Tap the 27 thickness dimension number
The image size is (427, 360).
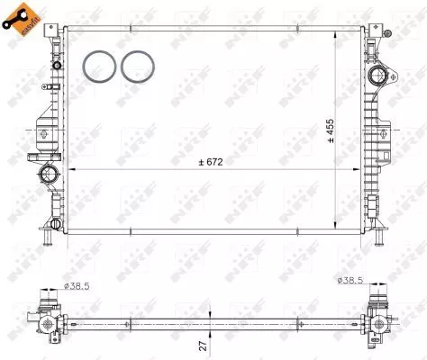(x=203, y=343)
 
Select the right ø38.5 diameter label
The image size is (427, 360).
(x=351, y=281)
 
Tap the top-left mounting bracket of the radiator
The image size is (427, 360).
(x=56, y=31)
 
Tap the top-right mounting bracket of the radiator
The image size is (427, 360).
(x=371, y=31)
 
